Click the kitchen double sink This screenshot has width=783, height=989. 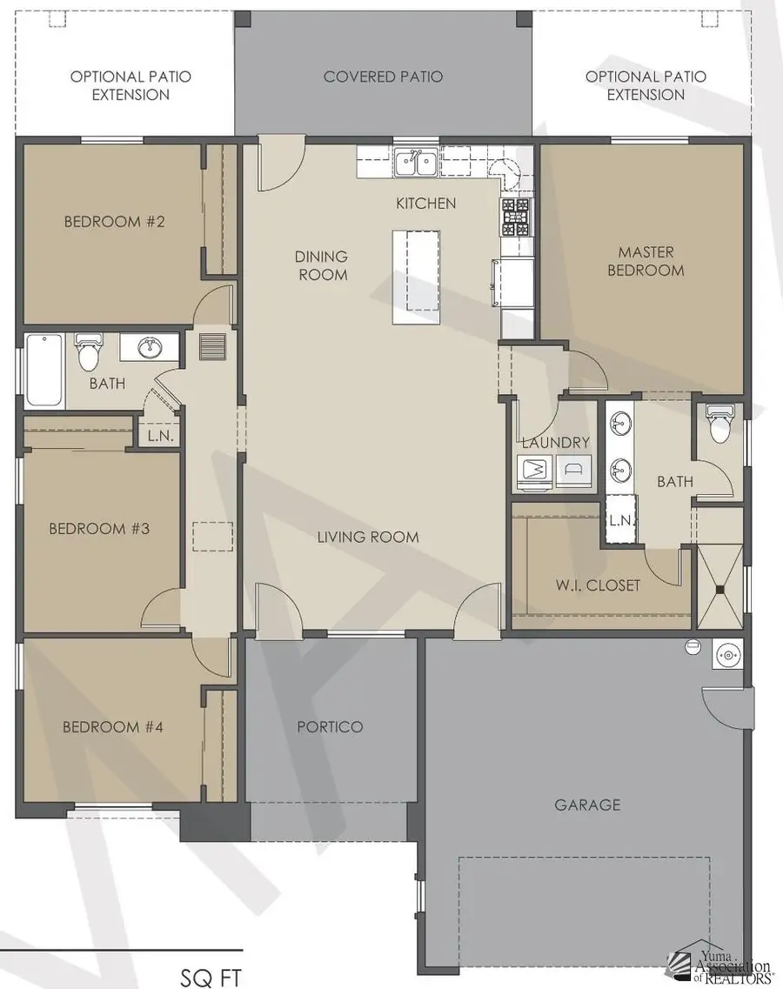[x=416, y=162]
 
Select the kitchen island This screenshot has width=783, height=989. [x=416, y=277]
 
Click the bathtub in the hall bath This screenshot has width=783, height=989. [x=43, y=371]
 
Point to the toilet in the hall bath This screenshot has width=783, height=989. [x=87, y=352]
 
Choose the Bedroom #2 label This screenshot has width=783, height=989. [x=114, y=222]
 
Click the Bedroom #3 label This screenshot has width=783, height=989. [x=99, y=528]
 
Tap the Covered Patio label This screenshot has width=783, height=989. [x=383, y=77]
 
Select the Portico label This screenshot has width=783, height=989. [x=329, y=726]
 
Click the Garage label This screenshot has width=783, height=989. [x=587, y=805]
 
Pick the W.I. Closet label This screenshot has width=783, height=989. [x=599, y=585]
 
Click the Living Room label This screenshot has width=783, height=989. [x=367, y=537]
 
